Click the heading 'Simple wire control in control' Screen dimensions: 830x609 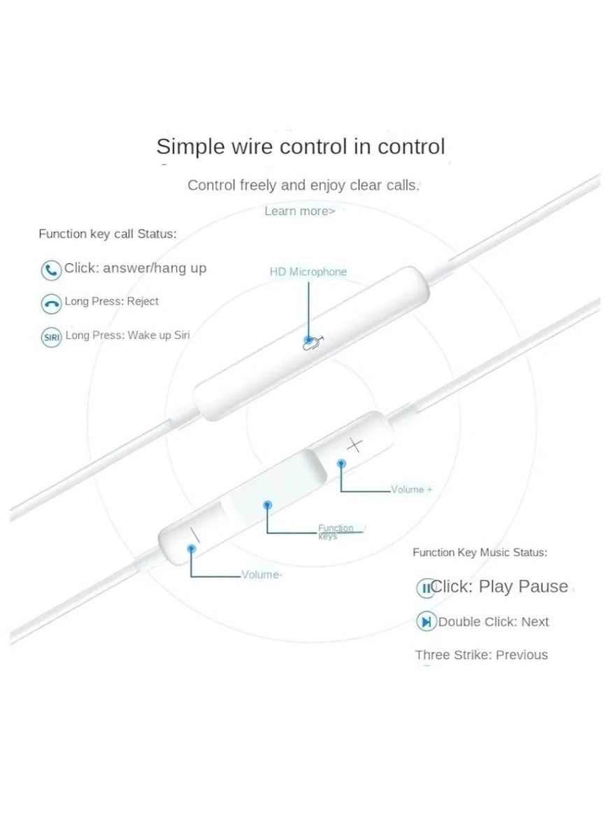coord(300,147)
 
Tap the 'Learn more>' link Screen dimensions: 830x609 coord(299,211)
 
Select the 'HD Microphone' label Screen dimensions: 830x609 coord(308,272)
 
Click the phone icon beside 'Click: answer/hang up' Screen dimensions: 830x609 coord(51,270)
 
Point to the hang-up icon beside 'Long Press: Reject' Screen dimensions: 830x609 coord(51,303)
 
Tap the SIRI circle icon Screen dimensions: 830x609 coord(51,337)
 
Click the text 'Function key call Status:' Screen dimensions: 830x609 coord(108,234)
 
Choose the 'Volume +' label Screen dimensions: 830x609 coord(411,490)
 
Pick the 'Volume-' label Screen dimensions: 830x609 coord(261,575)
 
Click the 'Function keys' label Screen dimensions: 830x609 coord(336,532)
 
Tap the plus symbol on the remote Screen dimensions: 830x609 coord(355,444)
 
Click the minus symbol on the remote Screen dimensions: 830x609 coord(194,536)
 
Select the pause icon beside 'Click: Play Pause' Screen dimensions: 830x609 coord(425,588)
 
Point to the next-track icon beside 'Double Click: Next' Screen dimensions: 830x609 coord(425,621)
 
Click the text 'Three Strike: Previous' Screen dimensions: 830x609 coord(481,655)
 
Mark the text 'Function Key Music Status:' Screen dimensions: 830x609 coord(480,553)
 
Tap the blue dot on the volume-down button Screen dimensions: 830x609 coord(191,548)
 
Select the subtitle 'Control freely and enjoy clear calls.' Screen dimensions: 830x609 coord(303,186)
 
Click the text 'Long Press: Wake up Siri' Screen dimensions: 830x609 coord(127,335)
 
